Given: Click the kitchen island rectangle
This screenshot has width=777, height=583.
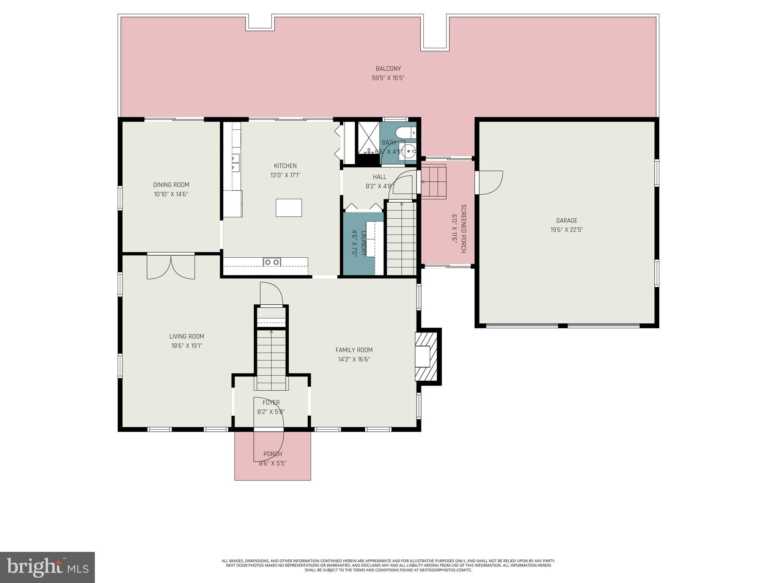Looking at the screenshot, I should point(289,208).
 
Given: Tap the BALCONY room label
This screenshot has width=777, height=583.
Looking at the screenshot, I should point(388,69).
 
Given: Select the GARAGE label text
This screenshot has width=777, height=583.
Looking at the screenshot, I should point(566,221).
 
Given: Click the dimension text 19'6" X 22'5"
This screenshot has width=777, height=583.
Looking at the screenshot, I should point(566,230).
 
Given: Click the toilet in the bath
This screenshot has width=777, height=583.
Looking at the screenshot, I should point(405,133).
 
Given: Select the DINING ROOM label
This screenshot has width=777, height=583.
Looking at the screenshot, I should point(171,185).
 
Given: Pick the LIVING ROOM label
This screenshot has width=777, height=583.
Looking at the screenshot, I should point(187,336).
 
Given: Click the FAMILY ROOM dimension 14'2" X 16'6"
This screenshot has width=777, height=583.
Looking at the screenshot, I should point(354,359).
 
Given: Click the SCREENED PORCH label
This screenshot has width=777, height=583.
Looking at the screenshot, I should point(463,228).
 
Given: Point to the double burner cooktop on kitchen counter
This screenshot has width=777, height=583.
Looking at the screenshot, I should point(272,262).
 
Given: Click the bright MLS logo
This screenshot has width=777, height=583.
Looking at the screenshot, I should point(47,567).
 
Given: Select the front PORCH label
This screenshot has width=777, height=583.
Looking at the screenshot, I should point(272,454).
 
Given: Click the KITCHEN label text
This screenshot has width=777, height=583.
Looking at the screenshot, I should point(285,166).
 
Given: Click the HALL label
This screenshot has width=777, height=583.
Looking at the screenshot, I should point(379,177).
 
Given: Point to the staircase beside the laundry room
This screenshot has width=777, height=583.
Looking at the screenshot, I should point(401,238).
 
